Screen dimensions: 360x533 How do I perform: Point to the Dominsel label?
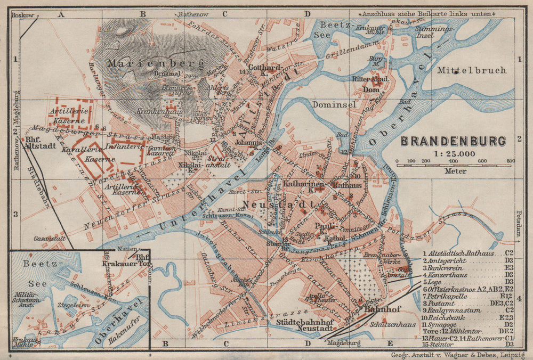coord(334,105)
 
